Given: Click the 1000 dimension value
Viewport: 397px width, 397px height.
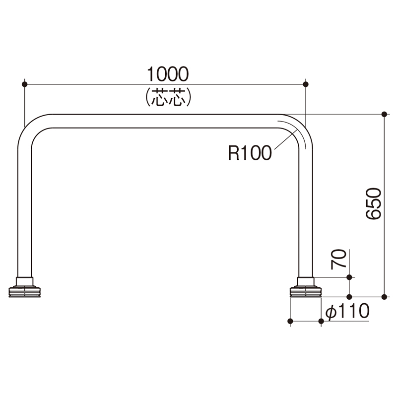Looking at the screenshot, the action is (x=168, y=74).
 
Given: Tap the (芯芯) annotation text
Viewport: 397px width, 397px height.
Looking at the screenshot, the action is (x=168, y=97).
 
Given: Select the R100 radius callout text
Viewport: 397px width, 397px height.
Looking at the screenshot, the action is (x=250, y=153).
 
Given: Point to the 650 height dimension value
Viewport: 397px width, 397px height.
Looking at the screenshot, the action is (x=374, y=203).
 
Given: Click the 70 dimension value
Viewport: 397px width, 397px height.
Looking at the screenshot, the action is (x=339, y=259).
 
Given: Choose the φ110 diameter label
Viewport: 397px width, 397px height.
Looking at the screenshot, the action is (x=347, y=311).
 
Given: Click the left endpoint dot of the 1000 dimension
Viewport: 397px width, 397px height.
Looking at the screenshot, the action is (x=24, y=84).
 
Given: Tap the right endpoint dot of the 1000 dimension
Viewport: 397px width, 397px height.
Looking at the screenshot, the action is (x=306, y=84).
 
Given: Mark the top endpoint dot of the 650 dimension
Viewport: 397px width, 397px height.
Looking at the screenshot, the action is (x=384, y=114).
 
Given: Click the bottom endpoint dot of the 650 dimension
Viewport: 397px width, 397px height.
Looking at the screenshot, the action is (x=384, y=297).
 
